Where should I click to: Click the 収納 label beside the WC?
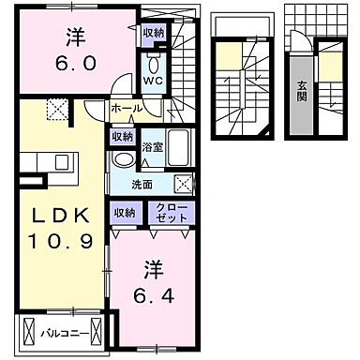(x=153, y=32)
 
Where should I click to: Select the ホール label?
(x=127, y=109)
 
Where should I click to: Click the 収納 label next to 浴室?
(x=123, y=136)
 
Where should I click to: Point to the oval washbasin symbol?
(x=121, y=160)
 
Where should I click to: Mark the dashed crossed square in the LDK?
(x=58, y=111)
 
